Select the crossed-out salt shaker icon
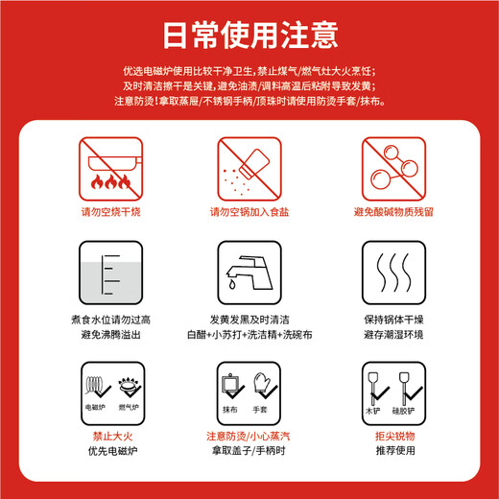(249, 165)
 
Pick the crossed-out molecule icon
(393, 165)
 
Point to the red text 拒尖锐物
(393, 437)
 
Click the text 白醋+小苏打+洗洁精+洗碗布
(249, 336)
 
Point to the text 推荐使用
(393, 452)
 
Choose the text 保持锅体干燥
(393, 320)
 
